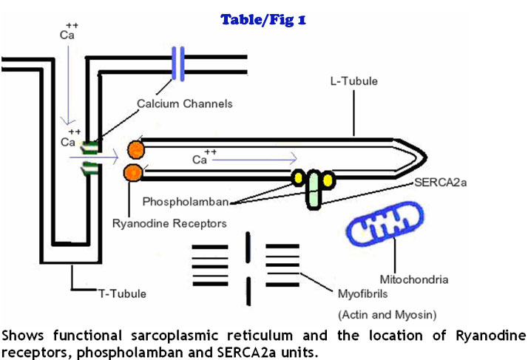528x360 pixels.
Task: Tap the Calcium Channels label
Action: pyautogui.click(x=185, y=103)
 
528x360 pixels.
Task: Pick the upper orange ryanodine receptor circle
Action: pyautogui.click(x=135, y=148)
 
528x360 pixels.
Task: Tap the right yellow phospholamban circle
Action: pyautogui.click(x=326, y=179)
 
